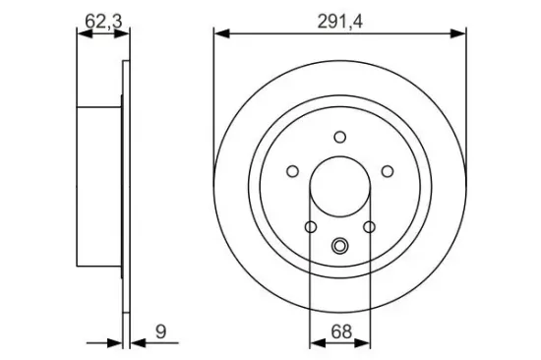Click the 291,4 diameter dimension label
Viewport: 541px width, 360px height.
point(340,23)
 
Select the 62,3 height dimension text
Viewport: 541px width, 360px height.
point(103,22)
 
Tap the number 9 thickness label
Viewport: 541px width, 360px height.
point(160,331)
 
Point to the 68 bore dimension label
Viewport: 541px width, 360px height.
point(341,331)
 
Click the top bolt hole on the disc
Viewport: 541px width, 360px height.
point(340,137)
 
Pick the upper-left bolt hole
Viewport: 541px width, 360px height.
point(292,171)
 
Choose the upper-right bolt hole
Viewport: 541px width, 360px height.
point(388,171)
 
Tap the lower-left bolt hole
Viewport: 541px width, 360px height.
point(311,227)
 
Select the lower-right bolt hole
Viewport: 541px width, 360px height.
point(369,227)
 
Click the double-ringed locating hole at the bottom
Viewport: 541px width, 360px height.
point(340,246)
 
